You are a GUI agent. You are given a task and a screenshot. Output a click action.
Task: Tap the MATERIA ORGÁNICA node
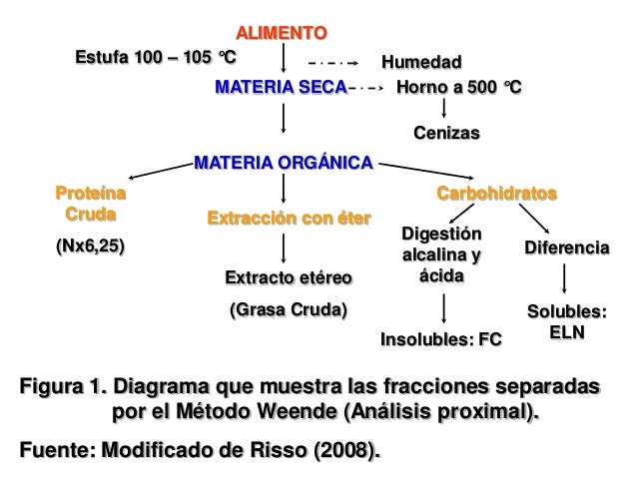[x=284, y=161]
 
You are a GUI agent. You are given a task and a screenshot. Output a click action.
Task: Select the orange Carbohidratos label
[x=497, y=190]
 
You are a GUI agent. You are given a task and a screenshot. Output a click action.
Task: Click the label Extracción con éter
[x=288, y=218]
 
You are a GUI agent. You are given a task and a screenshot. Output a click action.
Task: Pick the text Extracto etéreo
[x=288, y=275]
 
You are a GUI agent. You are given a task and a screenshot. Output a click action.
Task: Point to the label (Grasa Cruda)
[x=288, y=309]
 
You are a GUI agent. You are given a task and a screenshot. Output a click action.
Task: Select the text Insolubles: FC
[x=441, y=340]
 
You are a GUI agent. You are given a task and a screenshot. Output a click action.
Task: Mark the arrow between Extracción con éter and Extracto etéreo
[x=287, y=247]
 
